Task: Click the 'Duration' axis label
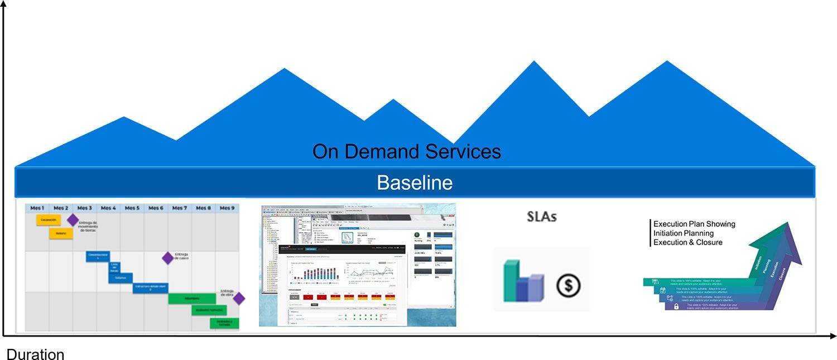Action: click(35, 354)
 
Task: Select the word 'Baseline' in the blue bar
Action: click(415, 183)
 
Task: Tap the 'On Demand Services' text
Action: click(406, 152)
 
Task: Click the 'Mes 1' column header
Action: click(37, 208)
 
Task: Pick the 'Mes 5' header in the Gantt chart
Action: click(132, 208)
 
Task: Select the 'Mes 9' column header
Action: click(227, 208)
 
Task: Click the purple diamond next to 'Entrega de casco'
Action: click(167, 258)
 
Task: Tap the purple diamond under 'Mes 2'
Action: click(73, 220)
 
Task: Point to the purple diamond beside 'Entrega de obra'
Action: click(239, 299)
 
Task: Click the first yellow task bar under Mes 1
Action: click(49, 220)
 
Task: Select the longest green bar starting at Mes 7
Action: click(192, 299)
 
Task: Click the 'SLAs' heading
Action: click(542, 217)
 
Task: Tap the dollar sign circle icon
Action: click(568, 286)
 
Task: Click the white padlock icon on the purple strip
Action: click(676, 306)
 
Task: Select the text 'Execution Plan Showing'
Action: click(694, 224)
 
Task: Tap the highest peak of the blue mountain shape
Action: click(535, 62)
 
